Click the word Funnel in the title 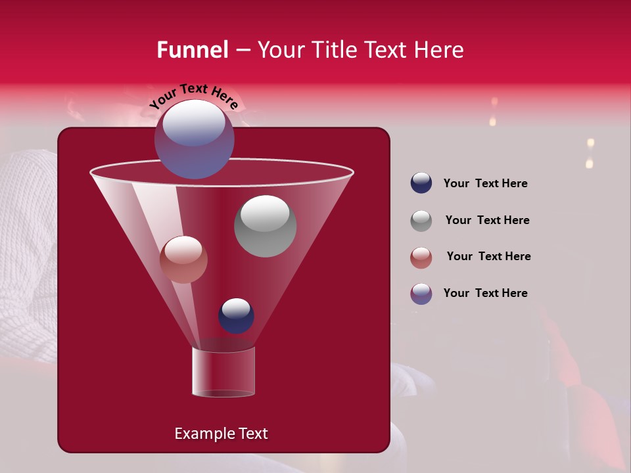pyautogui.click(x=192, y=50)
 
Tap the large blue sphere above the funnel pyautogui.click(x=194, y=139)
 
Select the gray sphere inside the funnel pyautogui.click(x=265, y=226)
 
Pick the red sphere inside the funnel pyautogui.click(x=183, y=259)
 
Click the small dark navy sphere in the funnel pyautogui.click(x=236, y=315)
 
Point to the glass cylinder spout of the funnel pyautogui.click(x=223, y=372)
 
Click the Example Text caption pyautogui.click(x=221, y=434)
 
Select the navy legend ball pyautogui.click(x=421, y=183)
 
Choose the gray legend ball pyautogui.click(x=421, y=221)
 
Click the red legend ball pyautogui.click(x=421, y=258)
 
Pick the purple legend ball pyautogui.click(x=421, y=294)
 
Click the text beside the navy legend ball pyautogui.click(x=485, y=183)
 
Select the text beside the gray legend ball pyautogui.click(x=487, y=220)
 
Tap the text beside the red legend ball pyautogui.click(x=488, y=256)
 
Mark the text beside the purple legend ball pyautogui.click(x=485, y=293)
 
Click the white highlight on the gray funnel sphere pyautogui.click(x=265, y=214)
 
